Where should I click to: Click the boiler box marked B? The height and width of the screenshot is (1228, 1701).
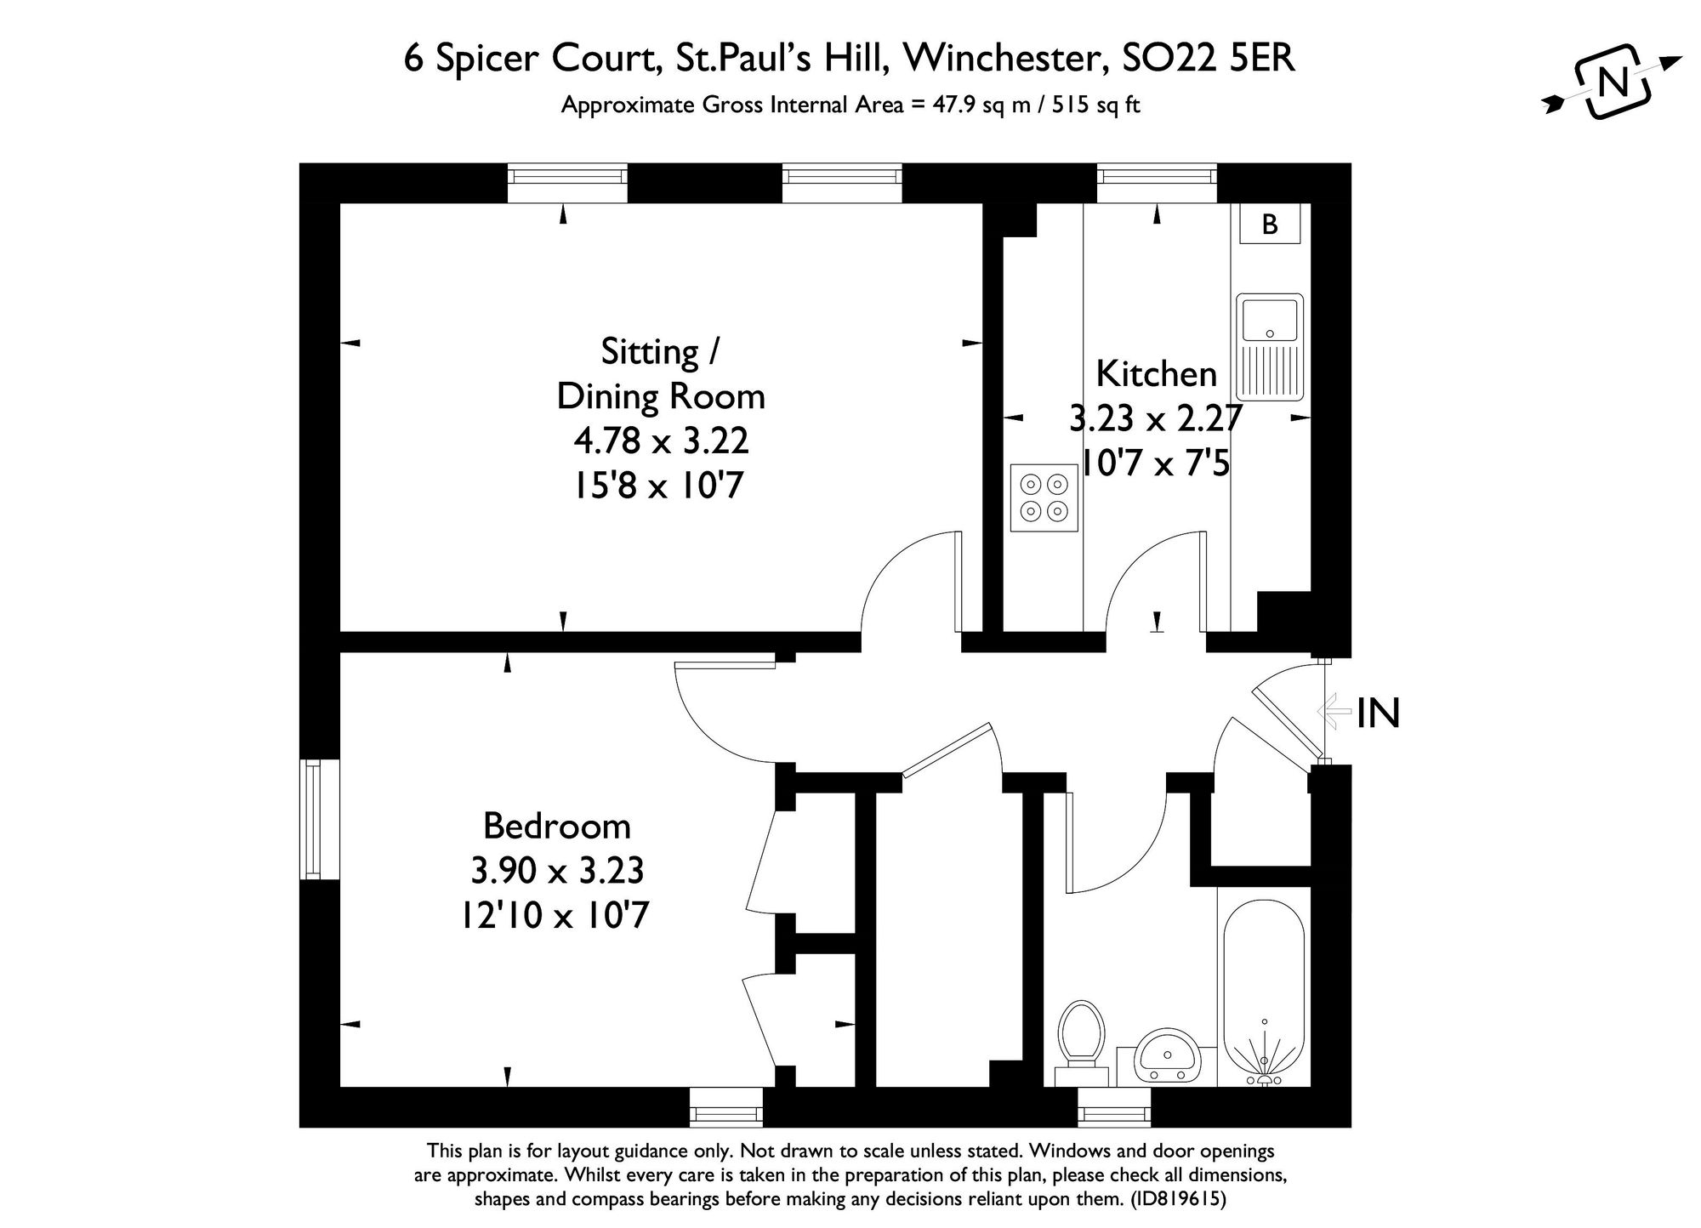point(1270,224)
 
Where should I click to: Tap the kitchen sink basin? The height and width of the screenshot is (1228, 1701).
point(1269,319)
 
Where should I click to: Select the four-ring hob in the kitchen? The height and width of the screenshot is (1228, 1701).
point(1044,497)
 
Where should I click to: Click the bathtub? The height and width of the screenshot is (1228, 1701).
point(1264,995)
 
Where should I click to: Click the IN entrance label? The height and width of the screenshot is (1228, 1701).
point(1378,713)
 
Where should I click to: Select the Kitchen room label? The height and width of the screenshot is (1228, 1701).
point(1156,373)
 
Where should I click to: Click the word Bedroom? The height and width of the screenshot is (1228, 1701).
point(556,826)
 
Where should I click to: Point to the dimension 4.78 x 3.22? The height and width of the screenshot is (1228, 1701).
point(661,441)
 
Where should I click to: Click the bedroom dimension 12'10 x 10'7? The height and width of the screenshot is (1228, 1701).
point(556,916)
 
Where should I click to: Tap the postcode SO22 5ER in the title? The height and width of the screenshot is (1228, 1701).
point(1209,59)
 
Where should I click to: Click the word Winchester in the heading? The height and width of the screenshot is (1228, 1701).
point(1004,59)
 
